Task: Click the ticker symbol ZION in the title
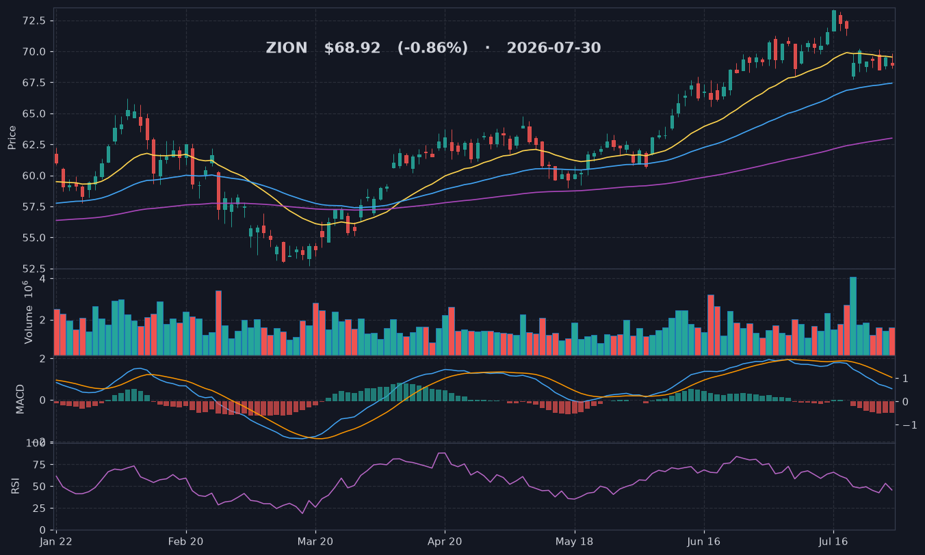pos(286,48)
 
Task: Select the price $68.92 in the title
pos(352,48)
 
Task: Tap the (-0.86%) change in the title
pos(432,48)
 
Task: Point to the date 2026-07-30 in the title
pos(553,48)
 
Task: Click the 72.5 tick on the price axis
pos(34,21)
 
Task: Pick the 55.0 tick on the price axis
pos(34,238)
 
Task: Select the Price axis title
pos(12,137)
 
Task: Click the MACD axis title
pos(20,399)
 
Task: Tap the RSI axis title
pos(15,486)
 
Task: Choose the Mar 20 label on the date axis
pos(315,541)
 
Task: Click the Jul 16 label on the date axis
pos(833,541)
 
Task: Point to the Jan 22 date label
pos(55,541)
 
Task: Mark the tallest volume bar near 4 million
pos(852,316)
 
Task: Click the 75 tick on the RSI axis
pos(39,465)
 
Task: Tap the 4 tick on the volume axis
pos(42,279)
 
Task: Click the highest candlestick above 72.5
pos(834,21)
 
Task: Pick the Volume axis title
pos(28,312)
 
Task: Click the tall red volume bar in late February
pos(218,323)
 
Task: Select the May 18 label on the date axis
pos(574,541)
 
